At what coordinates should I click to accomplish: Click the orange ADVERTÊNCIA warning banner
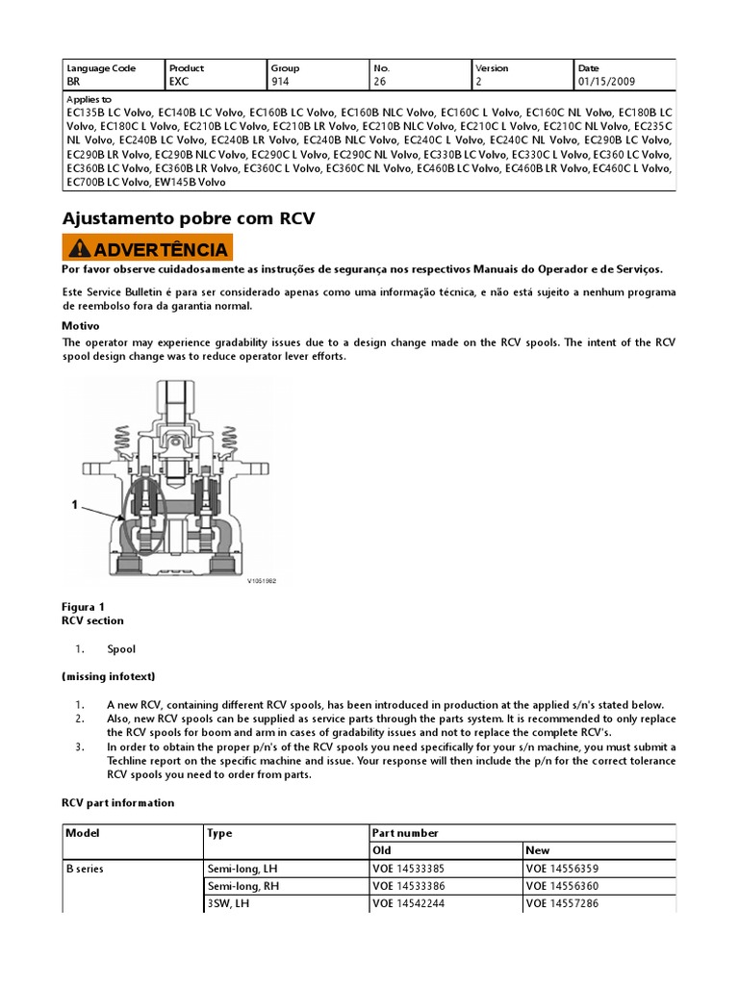point(146,248)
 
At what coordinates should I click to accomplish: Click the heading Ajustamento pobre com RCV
point(189,218)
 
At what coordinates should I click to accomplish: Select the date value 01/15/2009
point(606,83)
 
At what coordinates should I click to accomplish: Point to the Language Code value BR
point(72,83)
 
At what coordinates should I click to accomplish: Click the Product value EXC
point(178,83)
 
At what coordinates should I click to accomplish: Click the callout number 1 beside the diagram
point(73,503)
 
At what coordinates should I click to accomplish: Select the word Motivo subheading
point(81,326)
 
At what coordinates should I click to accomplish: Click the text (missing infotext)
point(108,677)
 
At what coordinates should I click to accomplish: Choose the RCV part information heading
point(117,802)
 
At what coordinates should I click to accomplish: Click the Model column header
point(82,833)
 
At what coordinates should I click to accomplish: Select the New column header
point(538,850)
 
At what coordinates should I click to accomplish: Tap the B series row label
point(84,869)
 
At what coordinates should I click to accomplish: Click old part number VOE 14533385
point(409,869)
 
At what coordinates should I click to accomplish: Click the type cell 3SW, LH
point(232,904)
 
